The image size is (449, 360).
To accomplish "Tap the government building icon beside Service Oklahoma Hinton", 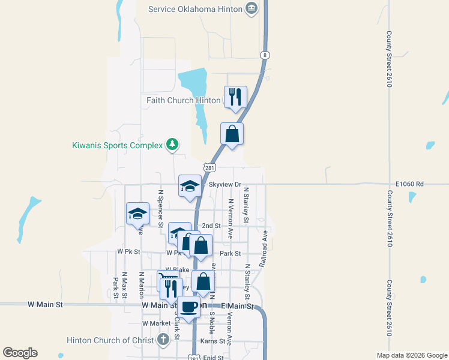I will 252,8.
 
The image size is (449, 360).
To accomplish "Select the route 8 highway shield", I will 264,55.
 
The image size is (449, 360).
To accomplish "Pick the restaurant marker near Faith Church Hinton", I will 235,97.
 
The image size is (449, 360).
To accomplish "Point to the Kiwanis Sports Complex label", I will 118,145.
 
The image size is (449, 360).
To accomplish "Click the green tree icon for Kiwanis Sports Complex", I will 172,144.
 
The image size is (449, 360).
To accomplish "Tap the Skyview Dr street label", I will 224,184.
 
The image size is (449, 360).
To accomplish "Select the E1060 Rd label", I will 409,184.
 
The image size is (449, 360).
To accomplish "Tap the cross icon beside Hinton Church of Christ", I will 163,340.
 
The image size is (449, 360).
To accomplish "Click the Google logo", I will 20,353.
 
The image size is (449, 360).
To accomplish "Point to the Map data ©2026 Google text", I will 412,355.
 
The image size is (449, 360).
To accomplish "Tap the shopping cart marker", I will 168,280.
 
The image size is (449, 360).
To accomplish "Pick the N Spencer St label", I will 160,209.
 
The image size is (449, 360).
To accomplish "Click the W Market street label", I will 157,323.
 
